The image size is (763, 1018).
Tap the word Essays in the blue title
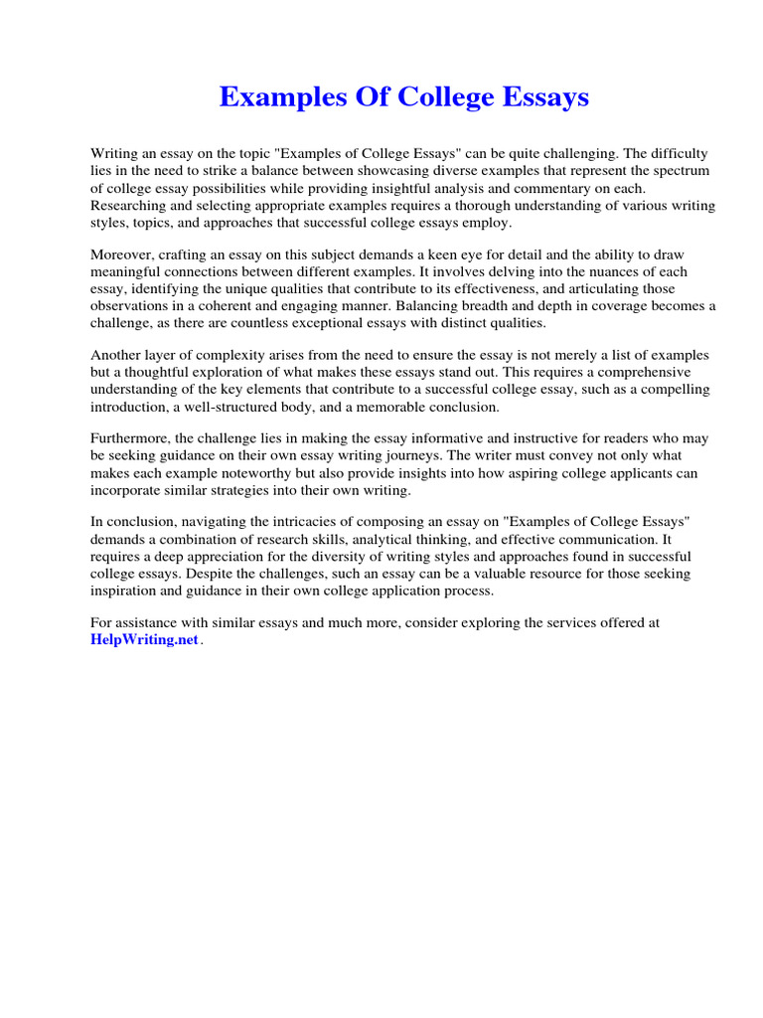[x=545, y=97]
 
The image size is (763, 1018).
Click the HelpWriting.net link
[x=145, y=641]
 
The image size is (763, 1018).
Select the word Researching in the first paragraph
[x=129, y=204]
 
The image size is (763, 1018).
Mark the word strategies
[x=256, y=490]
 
